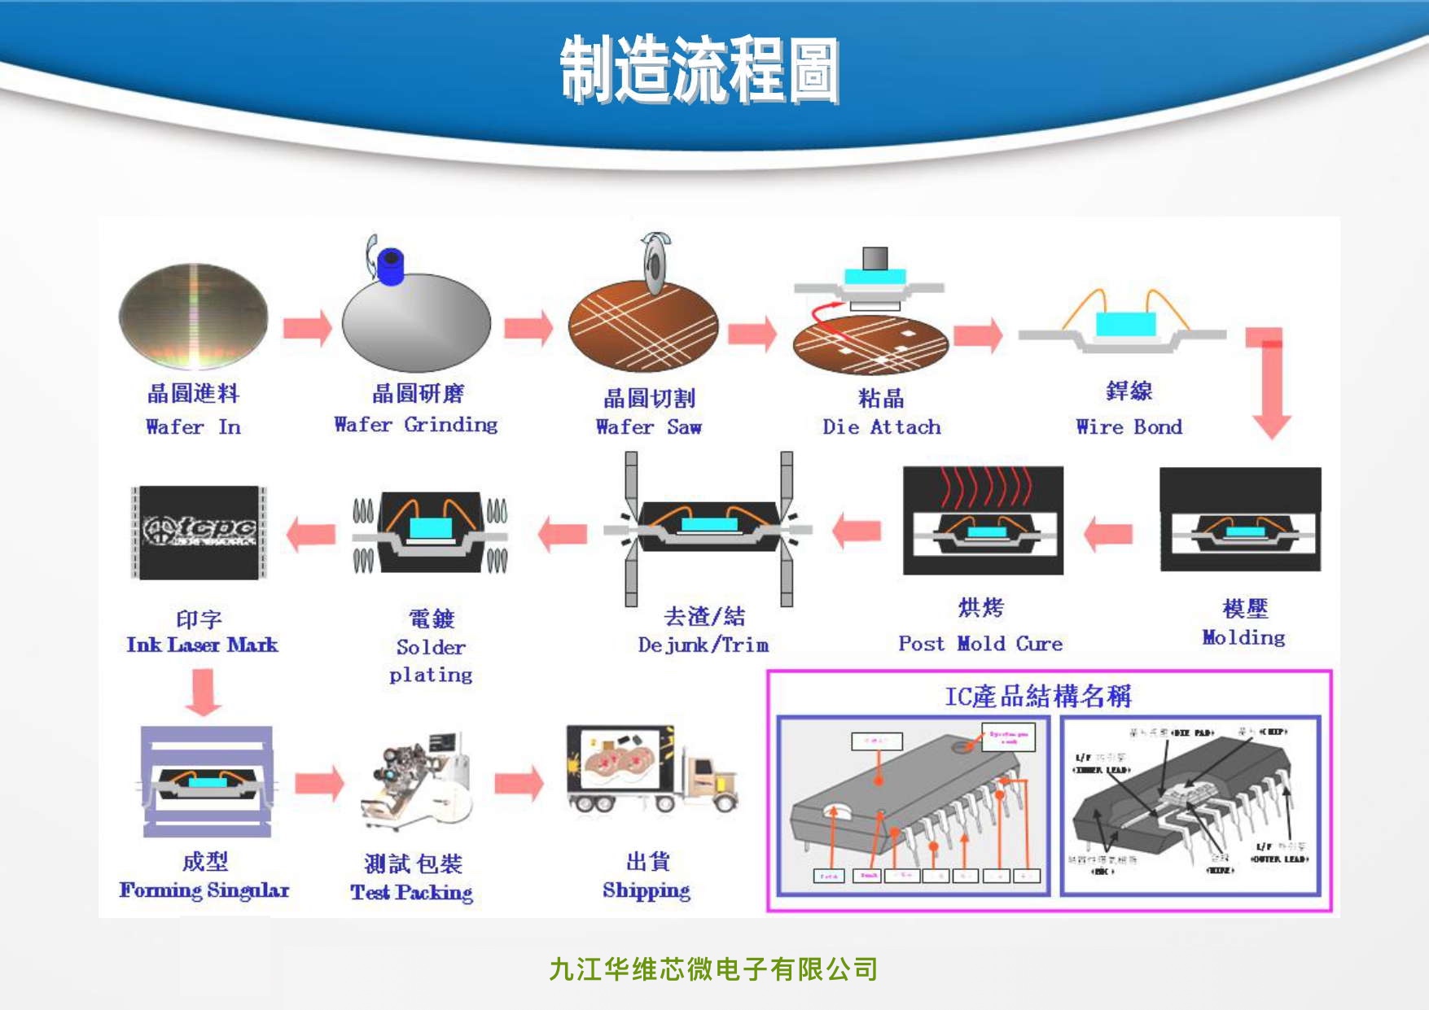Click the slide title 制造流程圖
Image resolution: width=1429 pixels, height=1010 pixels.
pos(699,70)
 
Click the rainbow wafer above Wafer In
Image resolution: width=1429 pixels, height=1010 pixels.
pos(194,315)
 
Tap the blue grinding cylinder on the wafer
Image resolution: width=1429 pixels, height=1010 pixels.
pos(391,266)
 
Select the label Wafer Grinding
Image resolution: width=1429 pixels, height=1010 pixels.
pos(415,424)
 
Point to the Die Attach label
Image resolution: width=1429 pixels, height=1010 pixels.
pos(881,426)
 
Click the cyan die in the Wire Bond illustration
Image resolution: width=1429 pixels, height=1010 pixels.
pos(1125,324)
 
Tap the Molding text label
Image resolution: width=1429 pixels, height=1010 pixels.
pos(1243,637)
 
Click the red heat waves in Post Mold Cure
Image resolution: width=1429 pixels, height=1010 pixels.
pos(984,486)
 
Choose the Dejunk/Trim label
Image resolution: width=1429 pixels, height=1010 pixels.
pos(704,645)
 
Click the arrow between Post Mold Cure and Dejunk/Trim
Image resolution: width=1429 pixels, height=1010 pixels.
pos(857,531)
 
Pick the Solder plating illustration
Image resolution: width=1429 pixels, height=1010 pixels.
pos(430,531)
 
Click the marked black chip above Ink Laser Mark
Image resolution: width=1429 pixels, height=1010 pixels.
pos(199,532)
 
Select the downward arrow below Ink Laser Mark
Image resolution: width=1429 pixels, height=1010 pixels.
pos(203,693)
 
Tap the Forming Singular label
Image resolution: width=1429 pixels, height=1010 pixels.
pos(204,890)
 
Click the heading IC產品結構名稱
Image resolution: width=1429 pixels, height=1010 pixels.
pos(1037,696)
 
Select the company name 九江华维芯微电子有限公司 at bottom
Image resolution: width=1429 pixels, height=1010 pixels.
pos(713,969)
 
